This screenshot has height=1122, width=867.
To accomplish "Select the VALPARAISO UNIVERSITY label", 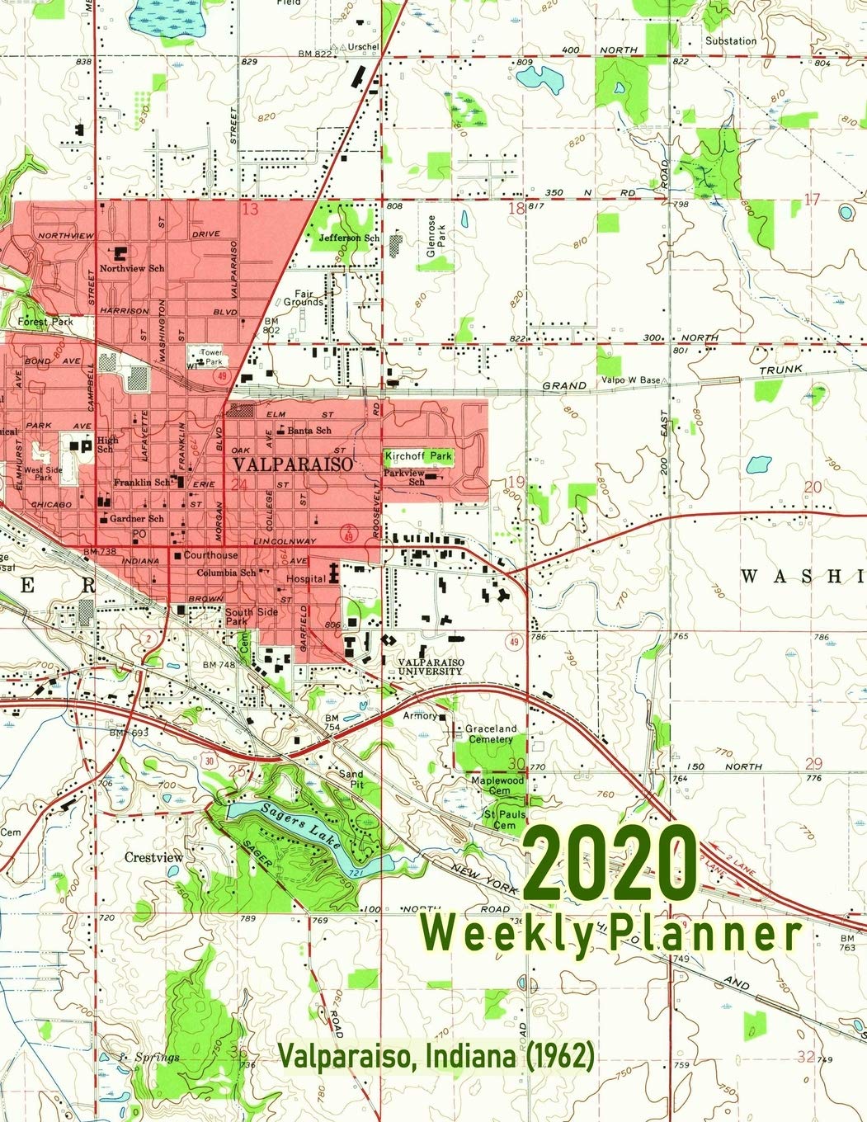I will click(430, 667).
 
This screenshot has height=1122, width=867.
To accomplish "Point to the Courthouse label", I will click(210, 556).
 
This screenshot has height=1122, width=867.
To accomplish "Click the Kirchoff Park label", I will click(418, 456).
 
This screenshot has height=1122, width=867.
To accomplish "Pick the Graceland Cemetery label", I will click(491, 734).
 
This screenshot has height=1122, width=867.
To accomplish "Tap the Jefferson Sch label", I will click(349, 238).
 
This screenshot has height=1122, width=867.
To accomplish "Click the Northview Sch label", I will click(131, 268).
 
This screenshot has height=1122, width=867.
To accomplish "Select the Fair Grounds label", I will click(309, 298).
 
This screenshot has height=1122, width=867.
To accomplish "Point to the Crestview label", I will click(153, 857).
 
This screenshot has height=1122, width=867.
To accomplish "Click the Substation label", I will click(730, 40).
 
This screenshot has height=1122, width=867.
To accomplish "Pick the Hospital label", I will click(305, 579).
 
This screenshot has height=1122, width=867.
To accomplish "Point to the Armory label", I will click(420, 716).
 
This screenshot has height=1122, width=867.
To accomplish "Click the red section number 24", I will click(240, 485).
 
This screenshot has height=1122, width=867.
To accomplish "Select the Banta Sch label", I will click(309, 430).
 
